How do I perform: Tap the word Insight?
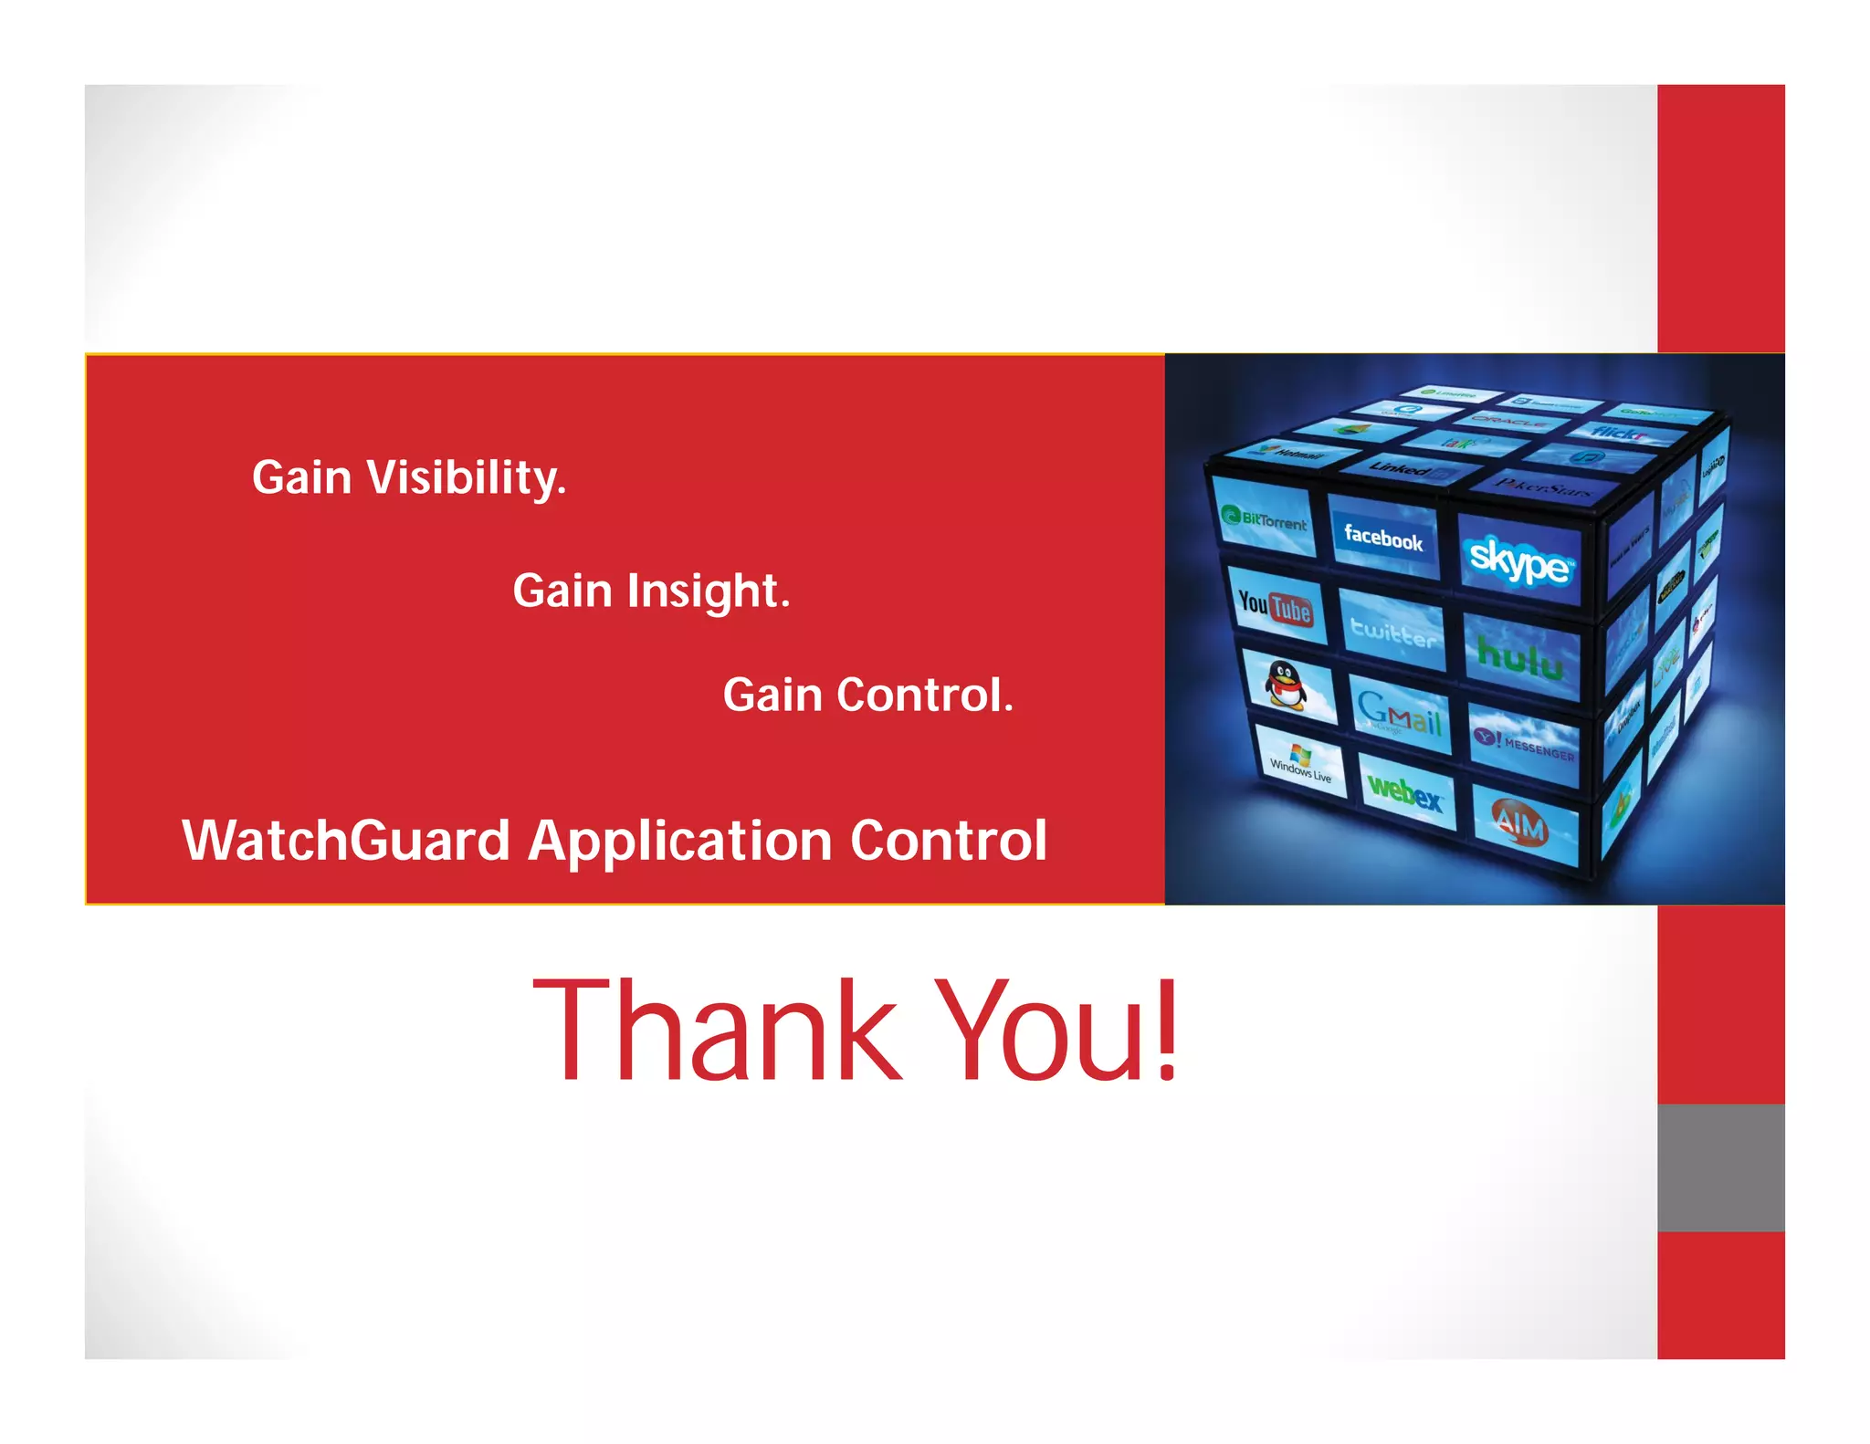708,591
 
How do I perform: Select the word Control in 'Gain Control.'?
924,696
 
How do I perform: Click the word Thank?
717,1031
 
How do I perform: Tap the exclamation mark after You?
1165,1031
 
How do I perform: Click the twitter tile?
1392,631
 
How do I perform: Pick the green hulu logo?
1519,655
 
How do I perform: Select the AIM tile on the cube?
1521,824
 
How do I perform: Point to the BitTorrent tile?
1266,521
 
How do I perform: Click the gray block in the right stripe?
1720,1167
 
